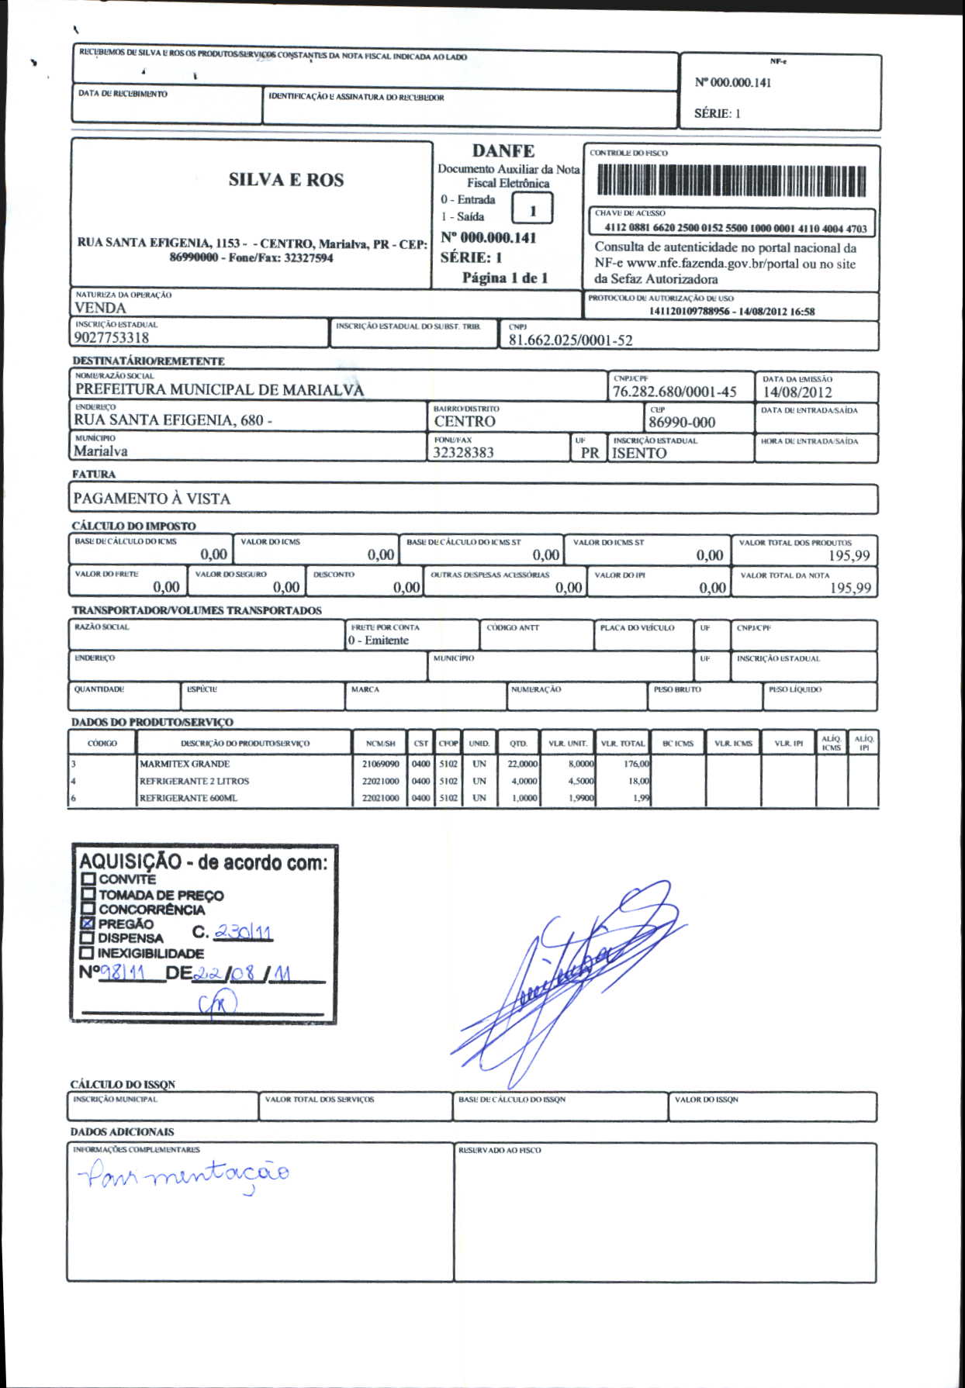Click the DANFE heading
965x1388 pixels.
tap(503, 151)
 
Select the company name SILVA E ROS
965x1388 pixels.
tap(285, 180)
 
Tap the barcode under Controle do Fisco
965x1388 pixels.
tap(731, 181)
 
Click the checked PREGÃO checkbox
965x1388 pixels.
tap(88, 924)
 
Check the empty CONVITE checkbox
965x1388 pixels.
tap(88, 879)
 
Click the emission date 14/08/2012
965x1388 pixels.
tap(797, 392)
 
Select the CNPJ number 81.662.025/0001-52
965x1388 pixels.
tap(570, 340)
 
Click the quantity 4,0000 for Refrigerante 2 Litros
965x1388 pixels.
tap(524, 781)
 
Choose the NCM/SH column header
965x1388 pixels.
tap(380, 743)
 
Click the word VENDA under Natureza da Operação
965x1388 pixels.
tap(100, 308)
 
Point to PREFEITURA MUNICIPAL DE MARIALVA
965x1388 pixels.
tap(220, 390)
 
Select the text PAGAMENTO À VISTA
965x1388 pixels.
tap(151, 499)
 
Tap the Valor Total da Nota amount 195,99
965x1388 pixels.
tap(850, 588)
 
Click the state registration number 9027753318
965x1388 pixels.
tap(112, 338)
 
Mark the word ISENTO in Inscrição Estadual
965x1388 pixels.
tap(638, 454)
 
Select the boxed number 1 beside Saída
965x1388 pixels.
tap(533, 210)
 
